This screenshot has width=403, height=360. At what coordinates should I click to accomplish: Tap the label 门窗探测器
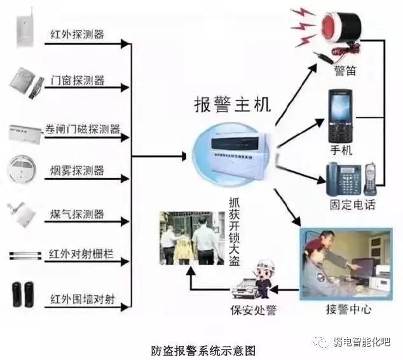77,81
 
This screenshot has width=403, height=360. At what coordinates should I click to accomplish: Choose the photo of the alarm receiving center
347,263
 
